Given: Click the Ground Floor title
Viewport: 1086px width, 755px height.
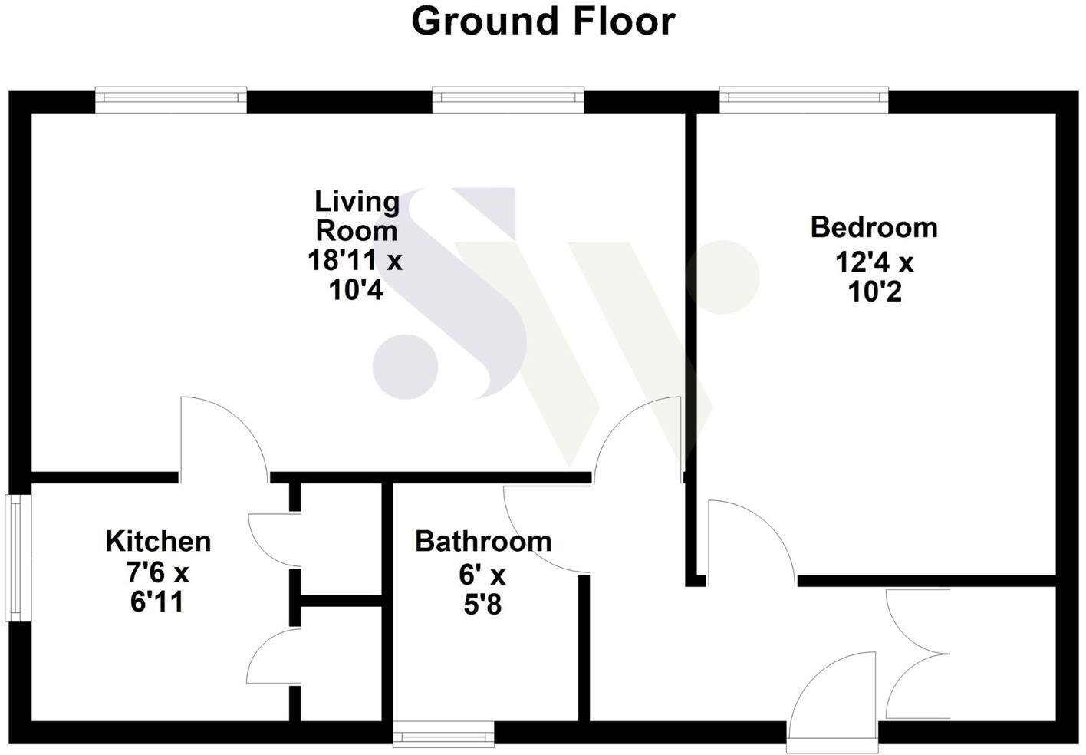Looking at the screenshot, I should [x=543, y=21].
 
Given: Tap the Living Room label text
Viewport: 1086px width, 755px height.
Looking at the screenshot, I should [x=357, y=216].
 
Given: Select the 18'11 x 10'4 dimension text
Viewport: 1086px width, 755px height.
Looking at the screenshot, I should [x=354, y=275].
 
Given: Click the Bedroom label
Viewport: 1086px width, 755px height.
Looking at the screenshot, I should [x=874, y=227].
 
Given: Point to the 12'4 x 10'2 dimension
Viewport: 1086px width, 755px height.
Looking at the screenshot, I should [x=874, y=277].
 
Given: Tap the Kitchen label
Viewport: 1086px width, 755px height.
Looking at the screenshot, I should [x=158, y=541].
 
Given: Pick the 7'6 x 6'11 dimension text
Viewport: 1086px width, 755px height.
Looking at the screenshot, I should [x=158, y=587].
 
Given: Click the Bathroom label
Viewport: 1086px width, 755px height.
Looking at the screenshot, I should [x=483, y=541].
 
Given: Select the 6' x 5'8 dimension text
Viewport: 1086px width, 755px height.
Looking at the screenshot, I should [x=483, y=590].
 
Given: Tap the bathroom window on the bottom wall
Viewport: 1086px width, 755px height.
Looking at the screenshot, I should [x=443, y=736].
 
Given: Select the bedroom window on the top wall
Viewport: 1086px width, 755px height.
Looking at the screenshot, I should [x=804, y=99].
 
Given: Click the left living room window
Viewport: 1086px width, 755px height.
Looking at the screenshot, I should [x=171, y=99].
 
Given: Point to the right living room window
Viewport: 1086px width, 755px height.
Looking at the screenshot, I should [x=508, y=99].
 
